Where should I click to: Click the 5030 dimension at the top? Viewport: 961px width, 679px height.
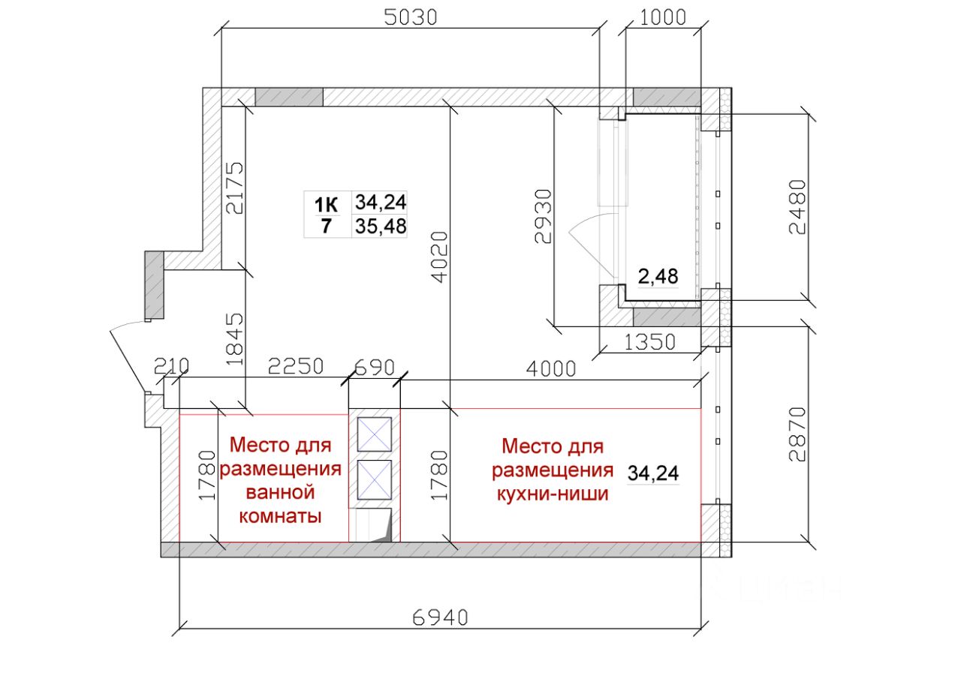pyautogui.click(x=410, y=17)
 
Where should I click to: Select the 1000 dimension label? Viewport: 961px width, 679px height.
pyautogui.click(x=663, y=17)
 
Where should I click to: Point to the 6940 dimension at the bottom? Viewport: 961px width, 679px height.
pyautogui.click(x=440, y=618)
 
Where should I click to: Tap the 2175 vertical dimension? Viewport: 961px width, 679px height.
pyautogui.click(x=235, y=188)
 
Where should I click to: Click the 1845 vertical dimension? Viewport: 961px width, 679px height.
pyautogui.click(x=235, y=339)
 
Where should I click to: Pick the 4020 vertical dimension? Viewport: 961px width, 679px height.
pyautogui.click(x=439, y=257)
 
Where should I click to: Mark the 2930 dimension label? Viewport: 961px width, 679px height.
pyautogui.click(x=543, y=217)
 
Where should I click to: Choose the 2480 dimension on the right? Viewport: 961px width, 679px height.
pyautogui.click(x=797, y=207)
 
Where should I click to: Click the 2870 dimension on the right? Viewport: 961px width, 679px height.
pyautogui.click(x=797, y=434)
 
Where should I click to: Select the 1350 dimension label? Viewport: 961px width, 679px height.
pyautogui.click(x=649, y=342)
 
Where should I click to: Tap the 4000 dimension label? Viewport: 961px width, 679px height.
pyautogui.click(x=551, y=369)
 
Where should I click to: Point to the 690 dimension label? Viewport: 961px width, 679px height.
pyautogui.click(x=375, y=368)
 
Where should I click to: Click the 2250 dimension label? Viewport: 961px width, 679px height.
pyautogui.click(x=296, y=366)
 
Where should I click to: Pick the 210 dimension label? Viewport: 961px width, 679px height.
pyautogui.click(x=171, y=366)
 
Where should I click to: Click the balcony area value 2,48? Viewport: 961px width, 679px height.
pyautogui.click(x=658, y=277)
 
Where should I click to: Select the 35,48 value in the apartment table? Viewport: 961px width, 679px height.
pyautogui.click(x=381, y=227)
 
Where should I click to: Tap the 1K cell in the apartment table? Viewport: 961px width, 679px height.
pyautogui.click(x=326, y=205)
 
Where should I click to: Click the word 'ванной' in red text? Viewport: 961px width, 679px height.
pyautogui.click(x=281, y=492)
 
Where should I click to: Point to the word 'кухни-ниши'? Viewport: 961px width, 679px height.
pyautogui.click(x=553, y=494)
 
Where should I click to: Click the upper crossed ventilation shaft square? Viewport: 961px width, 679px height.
pyautogui.click(x=375, y=434)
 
